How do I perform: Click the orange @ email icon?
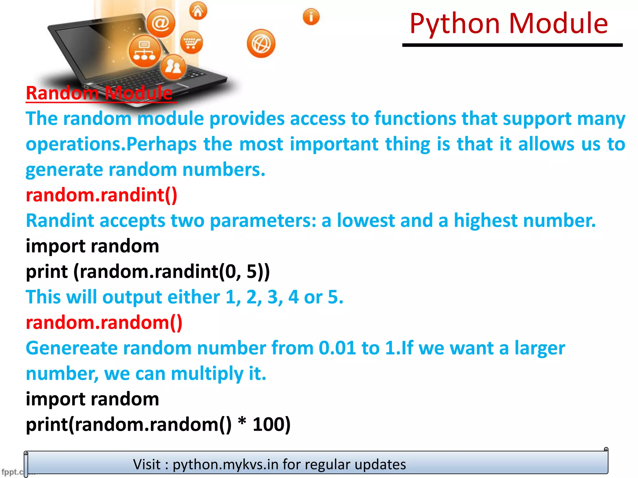[161, 23]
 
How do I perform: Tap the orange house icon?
[198, 11]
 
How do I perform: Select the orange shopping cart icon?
[191, 43]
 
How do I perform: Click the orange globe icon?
[261, 44]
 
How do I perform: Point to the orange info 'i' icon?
[311, 16]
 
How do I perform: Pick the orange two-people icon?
[173, 67]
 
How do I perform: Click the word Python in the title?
[455, 24]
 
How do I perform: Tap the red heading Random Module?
[99, 93]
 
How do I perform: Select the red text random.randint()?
[102, 195]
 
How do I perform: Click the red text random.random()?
[104, 323]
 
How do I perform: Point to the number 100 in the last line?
[268, 424]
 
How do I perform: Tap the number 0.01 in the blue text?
[337, 348]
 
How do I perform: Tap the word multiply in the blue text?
[207, 373]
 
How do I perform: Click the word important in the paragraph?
[334, 144]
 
